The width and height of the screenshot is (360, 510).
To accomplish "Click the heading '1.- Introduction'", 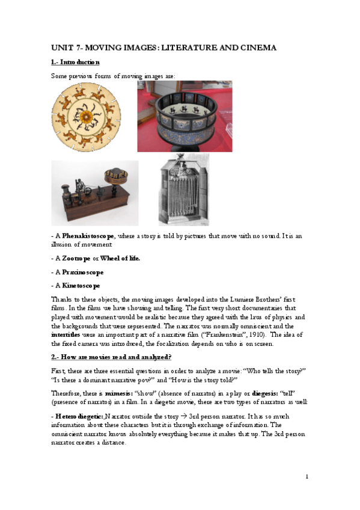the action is (x=75, y=63).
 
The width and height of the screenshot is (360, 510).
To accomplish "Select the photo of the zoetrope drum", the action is (x=185, y=117).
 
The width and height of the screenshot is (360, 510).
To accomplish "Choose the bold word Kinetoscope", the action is (x=79, y=286).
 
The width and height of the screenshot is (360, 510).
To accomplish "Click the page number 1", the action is (x=307, y=476).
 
